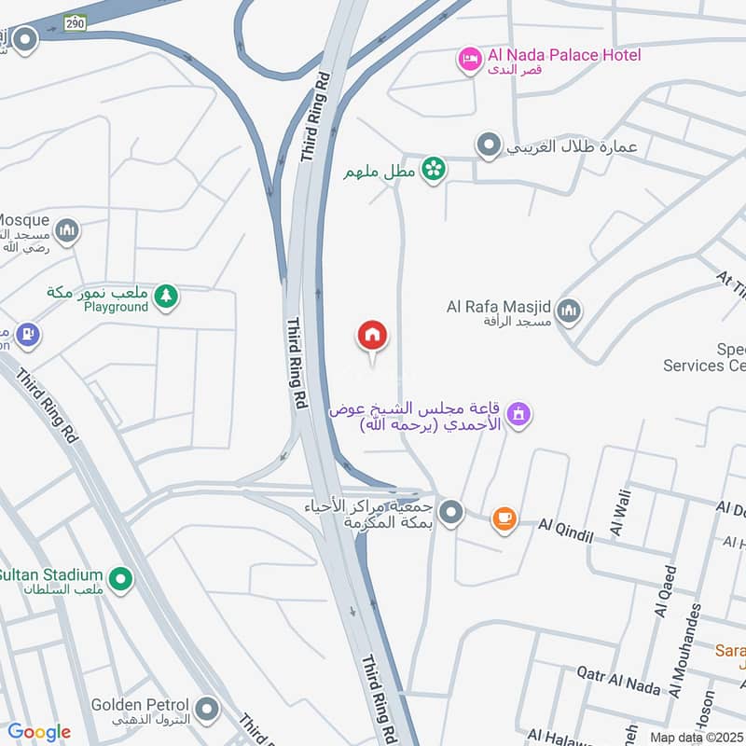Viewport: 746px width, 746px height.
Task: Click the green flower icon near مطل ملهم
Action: (433, 169)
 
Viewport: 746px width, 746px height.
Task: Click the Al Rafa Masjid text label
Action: (499, 306)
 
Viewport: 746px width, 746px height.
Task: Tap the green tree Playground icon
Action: (166, 297)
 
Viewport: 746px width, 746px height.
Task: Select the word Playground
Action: (117, 307)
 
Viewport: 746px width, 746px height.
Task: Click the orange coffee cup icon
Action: (504, 518)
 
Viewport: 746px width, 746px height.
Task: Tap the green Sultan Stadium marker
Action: (119, 581)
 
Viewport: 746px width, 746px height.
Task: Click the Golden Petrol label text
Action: (140, 705)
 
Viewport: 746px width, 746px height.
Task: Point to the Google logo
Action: (39, 732)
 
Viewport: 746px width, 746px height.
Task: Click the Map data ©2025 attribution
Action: (695, 737)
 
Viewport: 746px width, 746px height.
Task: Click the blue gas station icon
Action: (28, 333)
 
